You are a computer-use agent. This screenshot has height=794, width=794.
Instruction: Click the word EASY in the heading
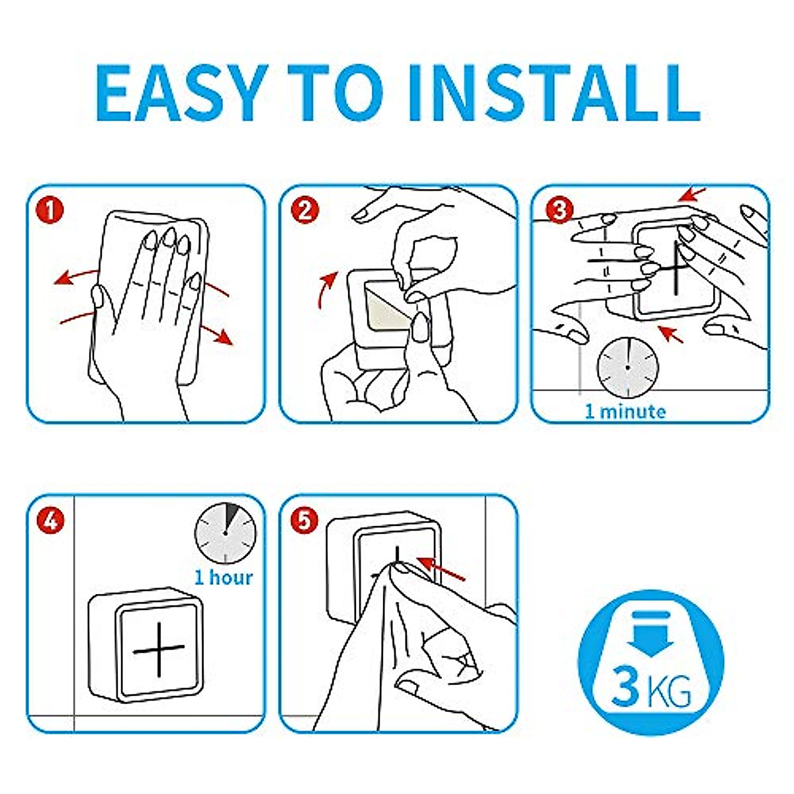[181, 93]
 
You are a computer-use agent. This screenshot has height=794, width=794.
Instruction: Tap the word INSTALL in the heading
[554, 93]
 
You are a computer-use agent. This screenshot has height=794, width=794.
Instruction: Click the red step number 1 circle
[50, 210]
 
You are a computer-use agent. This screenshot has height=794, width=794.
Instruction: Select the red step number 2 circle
[305, 210]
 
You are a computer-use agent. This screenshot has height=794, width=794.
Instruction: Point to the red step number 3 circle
[559, 210]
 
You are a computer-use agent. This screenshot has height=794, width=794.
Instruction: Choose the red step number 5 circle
[304, 521]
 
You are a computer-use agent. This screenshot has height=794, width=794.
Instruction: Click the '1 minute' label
[625, 412]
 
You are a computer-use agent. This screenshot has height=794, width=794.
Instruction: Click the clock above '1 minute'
[627, 367]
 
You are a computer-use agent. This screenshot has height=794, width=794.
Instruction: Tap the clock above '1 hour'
[225, 533]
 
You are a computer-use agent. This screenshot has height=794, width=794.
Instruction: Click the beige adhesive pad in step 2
[389, 304]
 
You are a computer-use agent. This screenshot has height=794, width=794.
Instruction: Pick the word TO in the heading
[335, 93]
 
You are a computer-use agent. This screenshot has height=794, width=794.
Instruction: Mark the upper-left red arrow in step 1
[75, 277]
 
